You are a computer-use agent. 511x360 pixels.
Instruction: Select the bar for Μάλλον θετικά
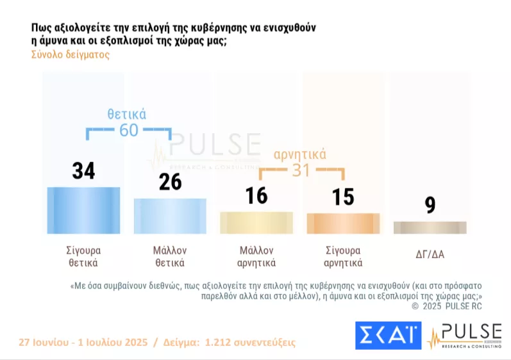point(170,216)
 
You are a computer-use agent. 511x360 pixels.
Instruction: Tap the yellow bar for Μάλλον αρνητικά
point(256,222)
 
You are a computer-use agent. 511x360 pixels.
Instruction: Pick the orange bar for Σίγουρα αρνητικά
point(343,223)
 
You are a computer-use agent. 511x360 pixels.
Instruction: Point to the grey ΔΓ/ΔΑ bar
point(430,227)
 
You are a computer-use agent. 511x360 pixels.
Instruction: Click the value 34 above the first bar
point(83,171)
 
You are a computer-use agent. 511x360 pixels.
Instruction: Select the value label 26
point(170,182)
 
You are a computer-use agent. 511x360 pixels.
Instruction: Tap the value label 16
point(256,195)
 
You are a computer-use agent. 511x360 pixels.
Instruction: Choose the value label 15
point(343,197)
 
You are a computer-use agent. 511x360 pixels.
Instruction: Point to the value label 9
point(430,205)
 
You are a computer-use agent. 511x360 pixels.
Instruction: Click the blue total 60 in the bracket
point(129,131)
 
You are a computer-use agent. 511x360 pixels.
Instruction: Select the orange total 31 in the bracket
point(301,170)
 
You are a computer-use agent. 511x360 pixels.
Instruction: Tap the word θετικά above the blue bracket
point(127,115)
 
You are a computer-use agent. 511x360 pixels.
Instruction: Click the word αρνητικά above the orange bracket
point(300,154)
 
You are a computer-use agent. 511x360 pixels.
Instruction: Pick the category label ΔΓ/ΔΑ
point(430,254)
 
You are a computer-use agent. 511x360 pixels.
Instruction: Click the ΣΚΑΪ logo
point(388,335)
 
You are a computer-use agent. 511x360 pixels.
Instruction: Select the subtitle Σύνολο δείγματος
point(71,54)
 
